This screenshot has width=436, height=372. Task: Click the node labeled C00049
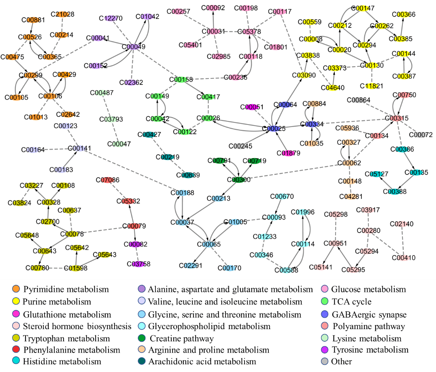(x=134, y=46)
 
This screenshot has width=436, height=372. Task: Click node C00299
(x=30, y=75)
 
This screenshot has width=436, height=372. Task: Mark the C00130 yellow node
(x=371, y=65)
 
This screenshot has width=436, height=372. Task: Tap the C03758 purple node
(x=138, y=264)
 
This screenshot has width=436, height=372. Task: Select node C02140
(x=402, y=224)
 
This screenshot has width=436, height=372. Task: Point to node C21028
(x=62, y=14)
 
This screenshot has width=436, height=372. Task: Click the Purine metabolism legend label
(x=57, y=302)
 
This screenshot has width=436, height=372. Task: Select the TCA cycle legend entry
(x=351, y=302)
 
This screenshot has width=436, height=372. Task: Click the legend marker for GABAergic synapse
(x=324, y=314)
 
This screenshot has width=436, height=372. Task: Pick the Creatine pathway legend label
(x=182, y=338)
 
